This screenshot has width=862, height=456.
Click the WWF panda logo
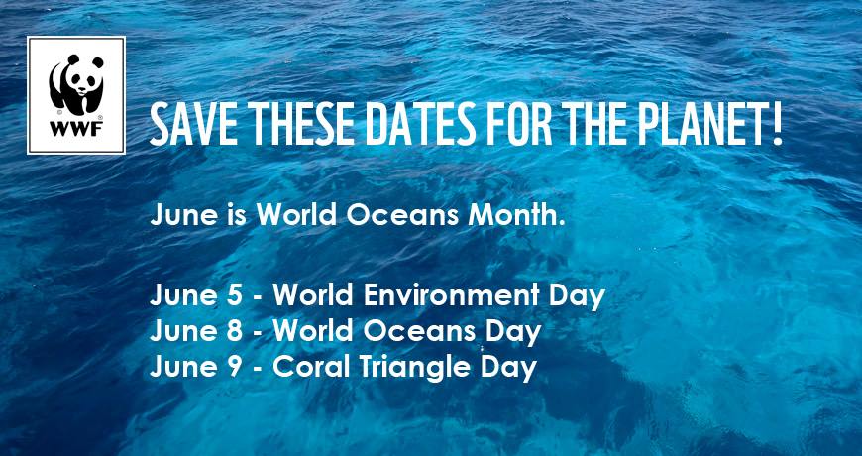(76, 95)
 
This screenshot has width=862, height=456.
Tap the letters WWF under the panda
(76, 129)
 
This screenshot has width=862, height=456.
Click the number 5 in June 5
(234, 296)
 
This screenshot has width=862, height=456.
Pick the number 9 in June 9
(234, 367)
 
